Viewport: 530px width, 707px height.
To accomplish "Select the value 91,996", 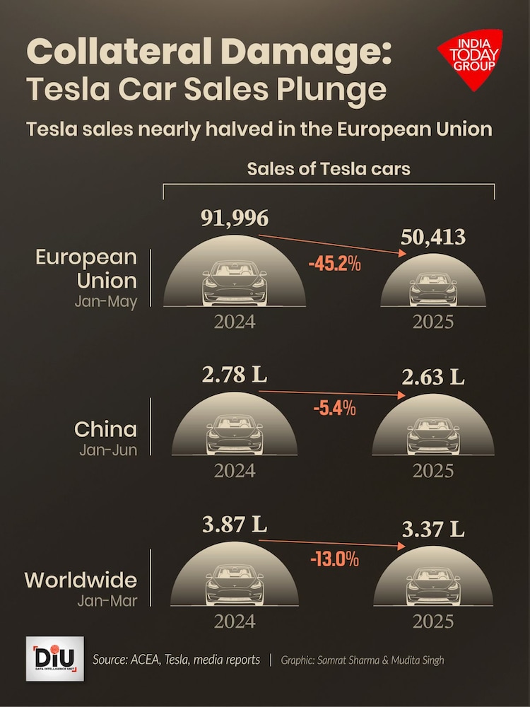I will click(235, 218).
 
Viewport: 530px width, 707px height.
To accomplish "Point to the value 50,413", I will click(432, 237).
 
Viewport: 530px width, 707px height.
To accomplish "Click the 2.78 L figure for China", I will click(235, 375).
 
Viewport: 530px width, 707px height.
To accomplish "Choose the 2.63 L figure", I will click(432, 378).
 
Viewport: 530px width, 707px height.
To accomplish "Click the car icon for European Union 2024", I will click(235, 284).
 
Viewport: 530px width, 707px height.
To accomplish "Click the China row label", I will click(106, 429).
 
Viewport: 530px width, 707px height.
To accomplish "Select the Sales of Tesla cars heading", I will click(329, 169).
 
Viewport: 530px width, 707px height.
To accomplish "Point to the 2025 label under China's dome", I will click(432, 470).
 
